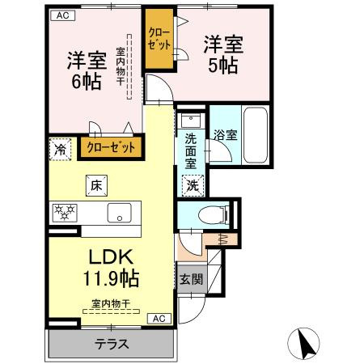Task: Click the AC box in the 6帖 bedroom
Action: click(x=62, y=15)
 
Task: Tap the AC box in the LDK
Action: click(x=159, y=318)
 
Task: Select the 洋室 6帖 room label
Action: click(x=83, y=70)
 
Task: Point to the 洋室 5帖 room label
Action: click(x=219, y=56)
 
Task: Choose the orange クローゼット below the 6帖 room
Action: click(x=111, y=147)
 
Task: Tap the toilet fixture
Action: click(x=210, y=215)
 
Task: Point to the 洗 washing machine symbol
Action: click(x=193, y=185)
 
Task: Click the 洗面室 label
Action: click(x=191, y=150)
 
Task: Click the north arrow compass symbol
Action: click(x=306, y=343)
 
